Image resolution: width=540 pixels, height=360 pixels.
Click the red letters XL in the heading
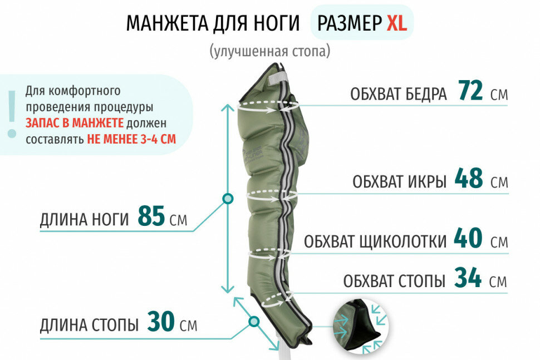[396, 23]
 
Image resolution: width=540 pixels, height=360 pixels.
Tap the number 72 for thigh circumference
[470, 91]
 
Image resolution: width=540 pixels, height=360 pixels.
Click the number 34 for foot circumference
[468, 278]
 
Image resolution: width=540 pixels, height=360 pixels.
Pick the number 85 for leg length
[151, 217]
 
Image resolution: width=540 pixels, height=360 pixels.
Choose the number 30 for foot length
[161, 322]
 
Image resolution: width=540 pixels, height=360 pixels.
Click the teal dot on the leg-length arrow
[227, 198]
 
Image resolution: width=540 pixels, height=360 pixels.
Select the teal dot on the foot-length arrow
[254, 321]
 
